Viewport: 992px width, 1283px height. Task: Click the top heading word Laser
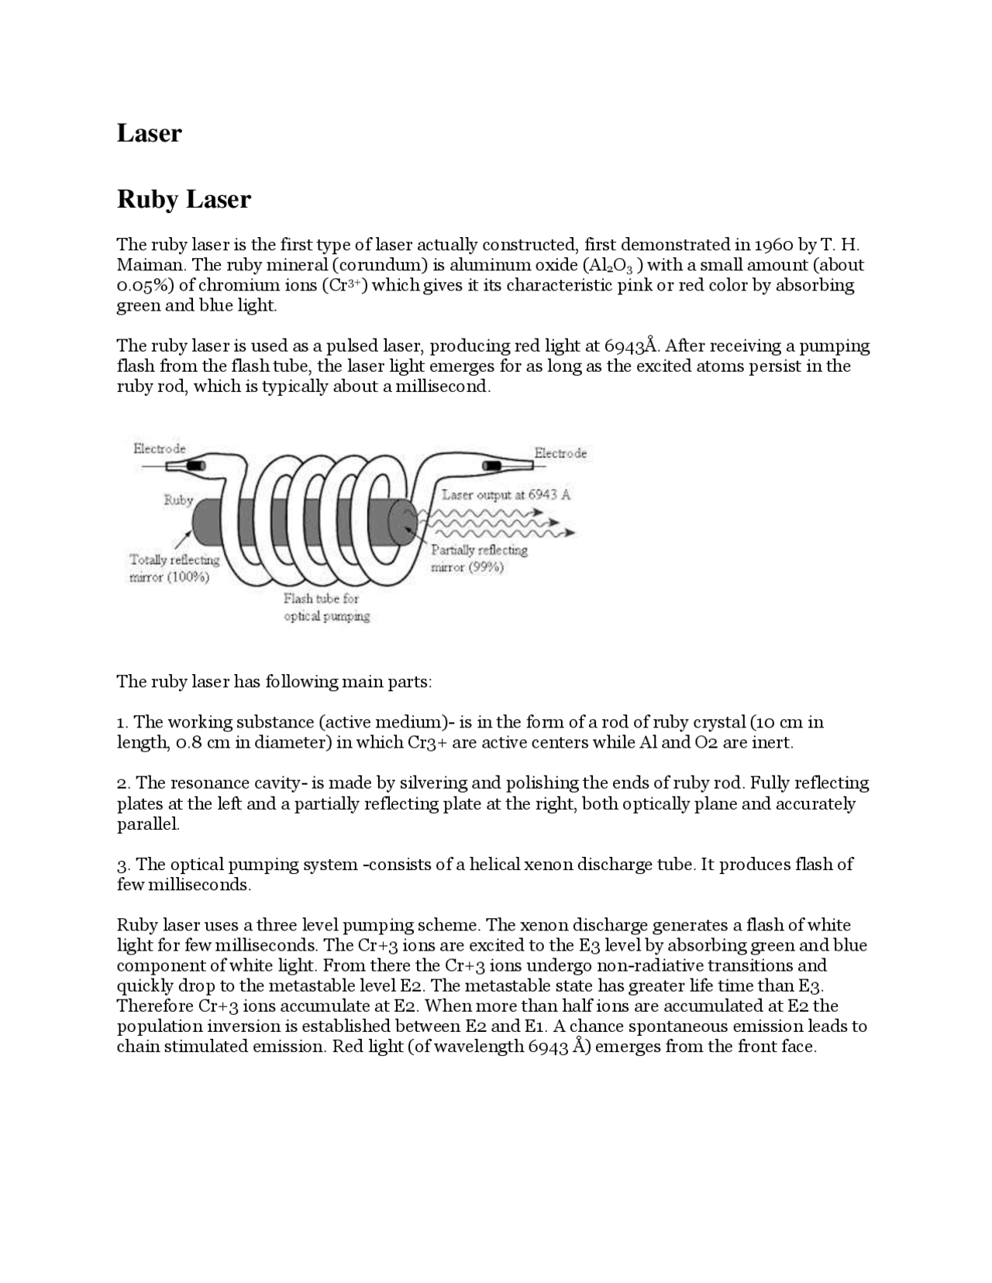pos(149,133)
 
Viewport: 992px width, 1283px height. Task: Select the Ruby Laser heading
pos(184,200)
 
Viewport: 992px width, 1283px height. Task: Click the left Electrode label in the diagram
pos(160,449)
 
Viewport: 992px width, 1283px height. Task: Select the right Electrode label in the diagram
pos(560,453)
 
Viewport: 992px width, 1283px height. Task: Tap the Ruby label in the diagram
pos(178,500)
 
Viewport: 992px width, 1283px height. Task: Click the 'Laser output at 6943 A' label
pos(506,494)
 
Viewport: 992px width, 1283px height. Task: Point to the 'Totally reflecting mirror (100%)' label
pos(174,569)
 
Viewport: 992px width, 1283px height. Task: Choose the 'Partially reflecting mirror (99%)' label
pos(479,559)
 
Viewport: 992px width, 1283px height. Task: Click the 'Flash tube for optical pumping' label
pos(326,607)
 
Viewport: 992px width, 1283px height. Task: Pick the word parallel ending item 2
pos(147,824)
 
